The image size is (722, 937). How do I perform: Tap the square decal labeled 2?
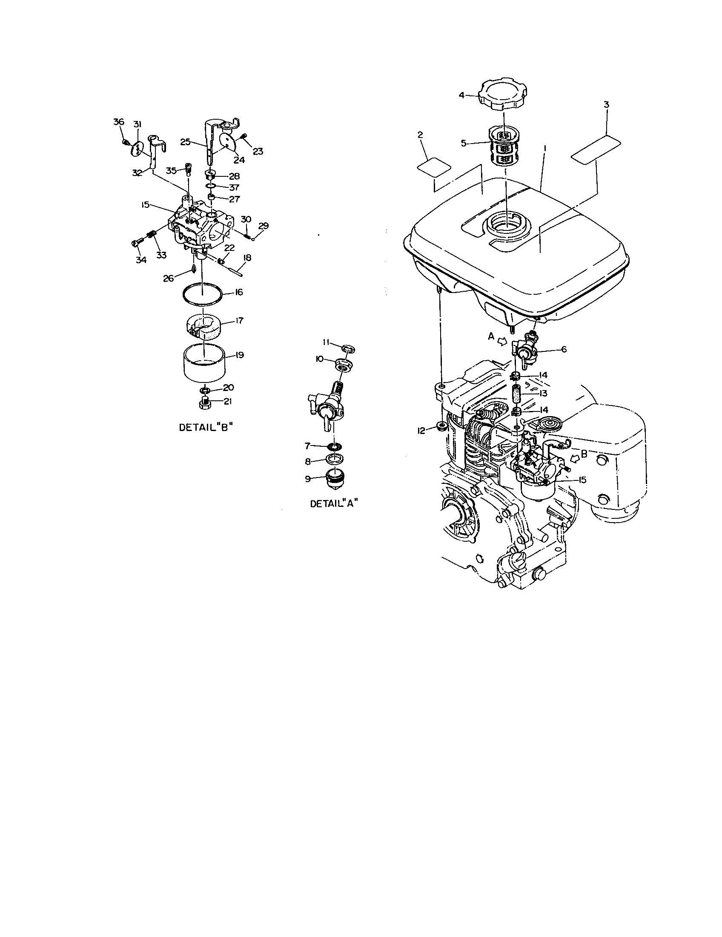click(434, 166)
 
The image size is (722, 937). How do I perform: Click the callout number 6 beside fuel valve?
click(564, 349)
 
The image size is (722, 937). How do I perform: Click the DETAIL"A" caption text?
click(335, 503)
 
